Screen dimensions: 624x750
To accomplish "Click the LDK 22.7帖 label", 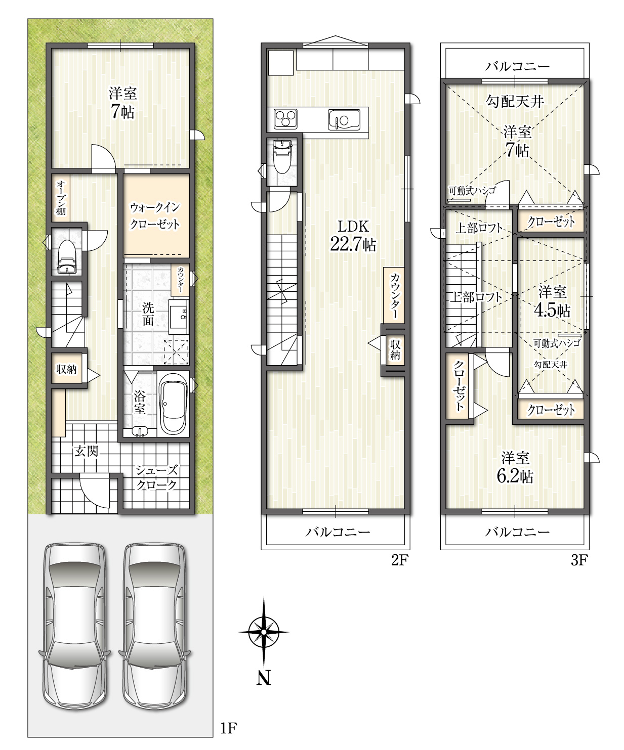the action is point(353,236).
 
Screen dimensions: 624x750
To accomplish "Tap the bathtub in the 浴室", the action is point(173,403).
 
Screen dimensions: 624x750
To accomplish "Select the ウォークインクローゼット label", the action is point(154,215).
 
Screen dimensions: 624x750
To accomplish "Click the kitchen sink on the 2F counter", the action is point(344,120).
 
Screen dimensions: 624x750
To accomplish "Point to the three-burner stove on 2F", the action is point(285,119).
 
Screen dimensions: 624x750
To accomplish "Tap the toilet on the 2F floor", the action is point(282,157).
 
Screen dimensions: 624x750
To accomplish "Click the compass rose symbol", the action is point(264,632).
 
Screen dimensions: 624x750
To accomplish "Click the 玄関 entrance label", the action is point(86,451).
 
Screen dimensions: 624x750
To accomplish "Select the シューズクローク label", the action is point(157,477).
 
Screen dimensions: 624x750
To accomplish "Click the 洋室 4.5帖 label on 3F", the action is point(552,301).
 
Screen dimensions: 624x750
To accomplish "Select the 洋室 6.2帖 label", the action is point(515,467).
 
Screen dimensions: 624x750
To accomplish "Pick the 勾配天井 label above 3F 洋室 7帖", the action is point(515,102).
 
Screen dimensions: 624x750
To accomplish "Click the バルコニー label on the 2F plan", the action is point(338,532).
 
